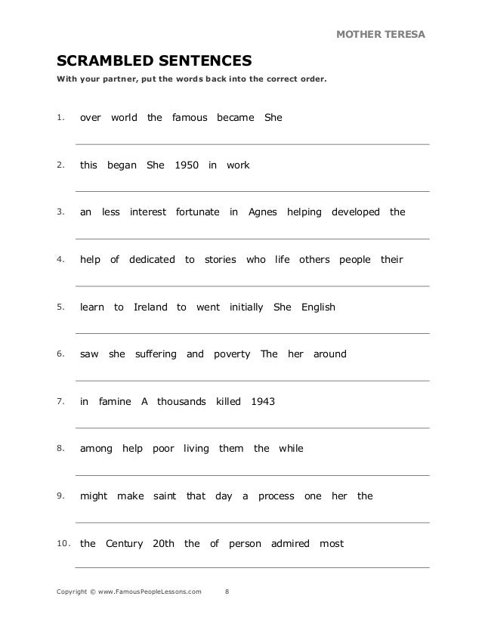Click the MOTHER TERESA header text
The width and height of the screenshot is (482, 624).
380,35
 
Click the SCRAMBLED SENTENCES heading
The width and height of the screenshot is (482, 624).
154,60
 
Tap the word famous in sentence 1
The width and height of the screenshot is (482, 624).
189,118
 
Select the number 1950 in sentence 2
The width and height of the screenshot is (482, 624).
186,165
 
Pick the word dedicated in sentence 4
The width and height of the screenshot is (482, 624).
152,260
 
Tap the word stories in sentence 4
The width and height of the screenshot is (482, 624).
220,260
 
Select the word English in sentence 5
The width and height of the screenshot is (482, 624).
318,307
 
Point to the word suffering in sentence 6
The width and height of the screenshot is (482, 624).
156,354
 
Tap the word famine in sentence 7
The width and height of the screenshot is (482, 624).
115,402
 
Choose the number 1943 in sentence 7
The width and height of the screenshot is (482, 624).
262,402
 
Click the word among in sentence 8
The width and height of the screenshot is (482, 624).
96,449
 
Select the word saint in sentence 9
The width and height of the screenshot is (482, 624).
164,496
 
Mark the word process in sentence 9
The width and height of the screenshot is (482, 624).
276,496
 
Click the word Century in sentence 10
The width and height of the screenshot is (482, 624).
124,543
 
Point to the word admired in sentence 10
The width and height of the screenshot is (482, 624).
289,543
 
